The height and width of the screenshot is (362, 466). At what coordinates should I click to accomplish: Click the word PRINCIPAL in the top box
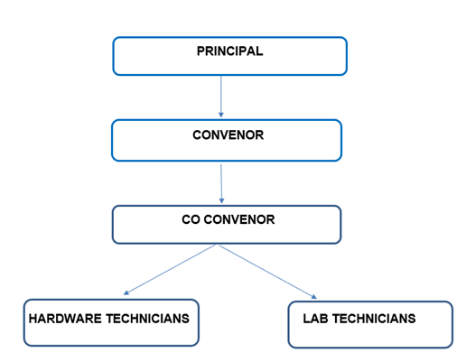click(x=229, y=51)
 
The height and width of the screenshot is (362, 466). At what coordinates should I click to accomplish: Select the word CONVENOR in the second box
click(x=228, y=135)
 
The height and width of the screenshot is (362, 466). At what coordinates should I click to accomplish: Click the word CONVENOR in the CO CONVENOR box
click(x=239, y=219)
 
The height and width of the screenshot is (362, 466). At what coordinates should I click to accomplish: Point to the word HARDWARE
click(x=65, y=319)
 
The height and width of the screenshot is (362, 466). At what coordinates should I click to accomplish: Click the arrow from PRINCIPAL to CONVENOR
click(x=221, y=97)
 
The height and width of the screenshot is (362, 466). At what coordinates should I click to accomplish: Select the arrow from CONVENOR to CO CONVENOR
click(x=221, y=183)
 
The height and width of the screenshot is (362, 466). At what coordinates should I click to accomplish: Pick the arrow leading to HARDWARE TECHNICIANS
click(x=169, y=270)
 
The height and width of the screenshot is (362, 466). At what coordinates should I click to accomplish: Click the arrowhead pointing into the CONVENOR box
click(x=221, y=115)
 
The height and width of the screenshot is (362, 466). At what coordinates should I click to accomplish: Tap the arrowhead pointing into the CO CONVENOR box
click(x=222, y=201)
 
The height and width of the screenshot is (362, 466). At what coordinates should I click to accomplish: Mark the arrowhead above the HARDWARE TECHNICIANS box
click(x=126, y=292)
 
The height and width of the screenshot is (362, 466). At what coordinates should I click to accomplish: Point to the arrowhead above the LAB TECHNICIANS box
click(x=314, y=297)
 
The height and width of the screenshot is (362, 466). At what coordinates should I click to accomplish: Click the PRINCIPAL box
click(x=230, y=56)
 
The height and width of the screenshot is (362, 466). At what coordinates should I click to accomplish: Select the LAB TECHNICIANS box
click(x=370, y=324)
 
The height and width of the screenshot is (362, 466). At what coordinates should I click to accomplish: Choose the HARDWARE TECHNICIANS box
click(x=111, y=322)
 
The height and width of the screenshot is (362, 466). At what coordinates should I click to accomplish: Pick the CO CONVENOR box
click(x=227, y=225)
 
